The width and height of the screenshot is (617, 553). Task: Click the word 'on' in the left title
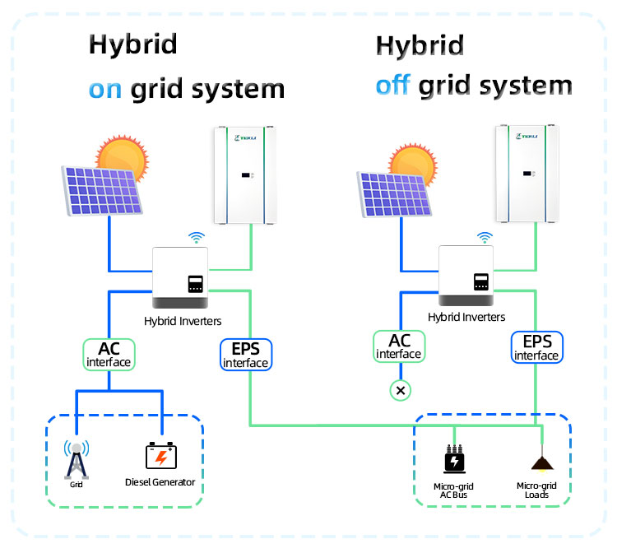click(106, 89)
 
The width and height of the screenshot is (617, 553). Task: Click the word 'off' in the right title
click(393, 86)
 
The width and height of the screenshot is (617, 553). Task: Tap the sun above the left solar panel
click(121, 155)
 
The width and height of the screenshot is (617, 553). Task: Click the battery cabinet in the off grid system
click(527, 175)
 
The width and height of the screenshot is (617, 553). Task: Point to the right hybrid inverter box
click(466, 276)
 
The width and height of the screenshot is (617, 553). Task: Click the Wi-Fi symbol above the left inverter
click(196, 239)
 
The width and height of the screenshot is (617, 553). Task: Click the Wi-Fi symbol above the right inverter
click(485, 238)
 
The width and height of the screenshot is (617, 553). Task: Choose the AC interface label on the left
click(109, 353)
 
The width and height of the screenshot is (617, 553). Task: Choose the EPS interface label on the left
click(245, 355)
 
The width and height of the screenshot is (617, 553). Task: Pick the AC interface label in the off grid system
click(398, 346)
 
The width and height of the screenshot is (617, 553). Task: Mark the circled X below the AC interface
click(400, 390)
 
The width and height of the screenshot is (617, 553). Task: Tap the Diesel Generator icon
click(160, 457)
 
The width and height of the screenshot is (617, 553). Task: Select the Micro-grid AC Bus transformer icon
click(453, 459)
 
